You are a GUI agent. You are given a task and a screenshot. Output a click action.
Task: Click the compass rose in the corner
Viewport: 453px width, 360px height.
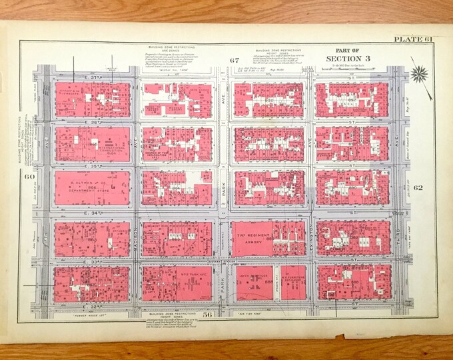click(419, 73)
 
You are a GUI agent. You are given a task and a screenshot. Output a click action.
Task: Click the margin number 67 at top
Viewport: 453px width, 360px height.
click(234, 61)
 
